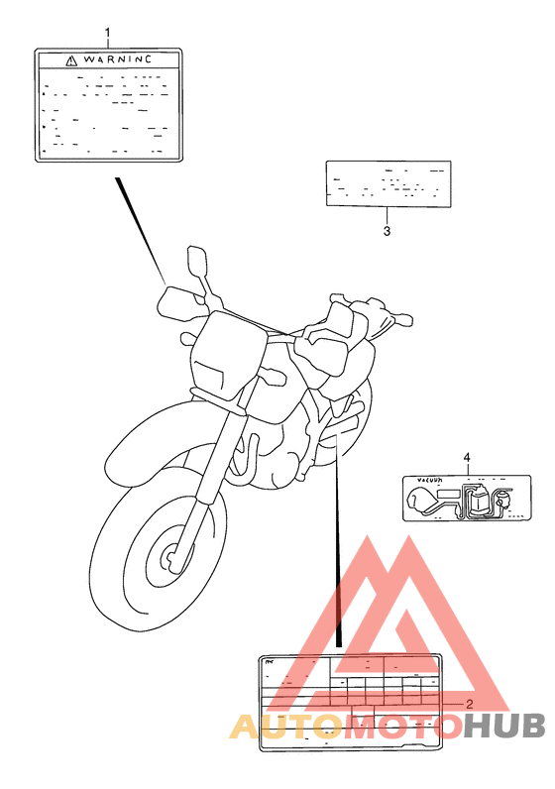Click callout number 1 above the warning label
[108, 35]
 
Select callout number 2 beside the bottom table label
[469, 705]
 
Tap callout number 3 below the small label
[387, 232]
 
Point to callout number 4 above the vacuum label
[466, 457]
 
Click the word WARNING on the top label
[117, 59]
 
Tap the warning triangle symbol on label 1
[70, 60]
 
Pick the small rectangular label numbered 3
[388, 183]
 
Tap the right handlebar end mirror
[404, 321]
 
